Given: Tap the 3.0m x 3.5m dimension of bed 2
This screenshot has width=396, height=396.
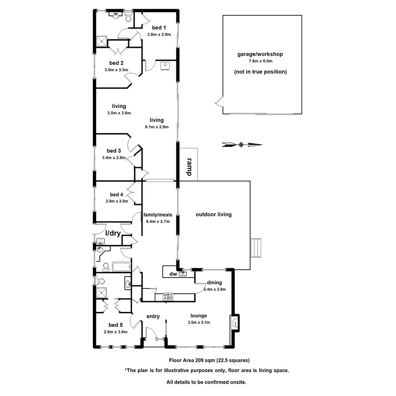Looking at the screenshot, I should [x=117, y=70].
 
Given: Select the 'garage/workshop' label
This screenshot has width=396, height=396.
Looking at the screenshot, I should [x=260, y=54].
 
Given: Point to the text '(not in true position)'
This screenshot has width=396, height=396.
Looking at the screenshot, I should [x=260, y=72].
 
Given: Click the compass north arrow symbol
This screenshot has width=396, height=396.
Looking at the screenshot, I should [x=241, y=145].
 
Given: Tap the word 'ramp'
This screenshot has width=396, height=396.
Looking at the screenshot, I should [x=189, y=167].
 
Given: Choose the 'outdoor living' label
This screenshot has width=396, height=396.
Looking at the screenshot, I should [x=213, y=215].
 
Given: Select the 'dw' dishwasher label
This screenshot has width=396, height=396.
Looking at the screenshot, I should [x=173, y=274].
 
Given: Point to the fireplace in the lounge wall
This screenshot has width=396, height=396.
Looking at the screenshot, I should [x=235, y=322].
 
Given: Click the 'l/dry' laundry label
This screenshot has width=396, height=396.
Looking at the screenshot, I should [x=113, y=233].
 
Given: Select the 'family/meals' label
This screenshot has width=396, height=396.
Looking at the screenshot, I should [x=158, y=215].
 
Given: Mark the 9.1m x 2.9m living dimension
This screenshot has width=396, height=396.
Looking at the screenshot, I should [x=156, y=127].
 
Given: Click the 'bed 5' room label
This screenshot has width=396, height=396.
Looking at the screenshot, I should [x=115, y=325].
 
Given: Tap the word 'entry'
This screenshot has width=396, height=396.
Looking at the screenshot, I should [x=153, y=317].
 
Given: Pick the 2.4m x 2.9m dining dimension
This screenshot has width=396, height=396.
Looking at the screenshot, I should [x=214, y=289].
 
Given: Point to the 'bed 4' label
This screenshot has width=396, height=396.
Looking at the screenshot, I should [x=116, y=195].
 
